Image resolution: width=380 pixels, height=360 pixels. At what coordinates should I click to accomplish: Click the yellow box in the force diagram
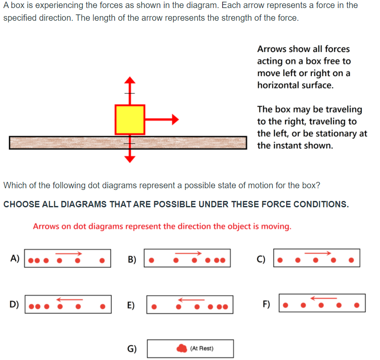(x=130, y=120)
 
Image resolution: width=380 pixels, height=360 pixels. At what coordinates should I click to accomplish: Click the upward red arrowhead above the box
(x=130, y=80)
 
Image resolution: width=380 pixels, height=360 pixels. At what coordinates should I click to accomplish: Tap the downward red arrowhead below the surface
(x=130, y=159)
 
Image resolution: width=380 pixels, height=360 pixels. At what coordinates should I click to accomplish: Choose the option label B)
(x=132, y=259)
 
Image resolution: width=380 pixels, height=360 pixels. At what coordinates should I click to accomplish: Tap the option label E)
(x=132, y=305)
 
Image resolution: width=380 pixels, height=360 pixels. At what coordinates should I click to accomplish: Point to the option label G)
(x=132, y=349)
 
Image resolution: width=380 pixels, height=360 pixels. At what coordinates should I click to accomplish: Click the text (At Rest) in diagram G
(x=202, y=349)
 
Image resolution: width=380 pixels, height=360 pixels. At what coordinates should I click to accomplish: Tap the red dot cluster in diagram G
(x=182, y=349)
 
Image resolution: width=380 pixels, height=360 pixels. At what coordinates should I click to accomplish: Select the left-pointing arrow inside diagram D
(x=69, y=299)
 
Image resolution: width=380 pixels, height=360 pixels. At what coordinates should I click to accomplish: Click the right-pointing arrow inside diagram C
(x=318, y=253)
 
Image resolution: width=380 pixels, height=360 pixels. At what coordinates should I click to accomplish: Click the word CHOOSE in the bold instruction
(x=21, y=204)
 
